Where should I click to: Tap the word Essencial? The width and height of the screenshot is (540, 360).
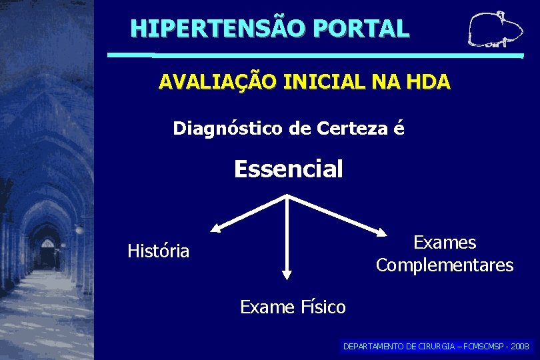(x=288, y=169)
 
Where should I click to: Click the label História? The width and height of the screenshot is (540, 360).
(x=159, y=251)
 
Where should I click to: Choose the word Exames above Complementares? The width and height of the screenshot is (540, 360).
(x=445, y=242)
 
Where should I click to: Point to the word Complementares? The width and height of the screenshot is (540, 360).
(x=445, y=265)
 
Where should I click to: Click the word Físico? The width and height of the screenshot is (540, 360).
(x=322, y=307)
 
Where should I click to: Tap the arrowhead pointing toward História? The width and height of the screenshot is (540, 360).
(x=215, y=229)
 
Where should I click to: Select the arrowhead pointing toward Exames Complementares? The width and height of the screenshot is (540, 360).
(x=381, y=233)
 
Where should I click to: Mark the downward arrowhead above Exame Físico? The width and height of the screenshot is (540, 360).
(x=287, y=273)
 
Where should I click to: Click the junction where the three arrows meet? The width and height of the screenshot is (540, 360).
(x=287, y=196)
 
